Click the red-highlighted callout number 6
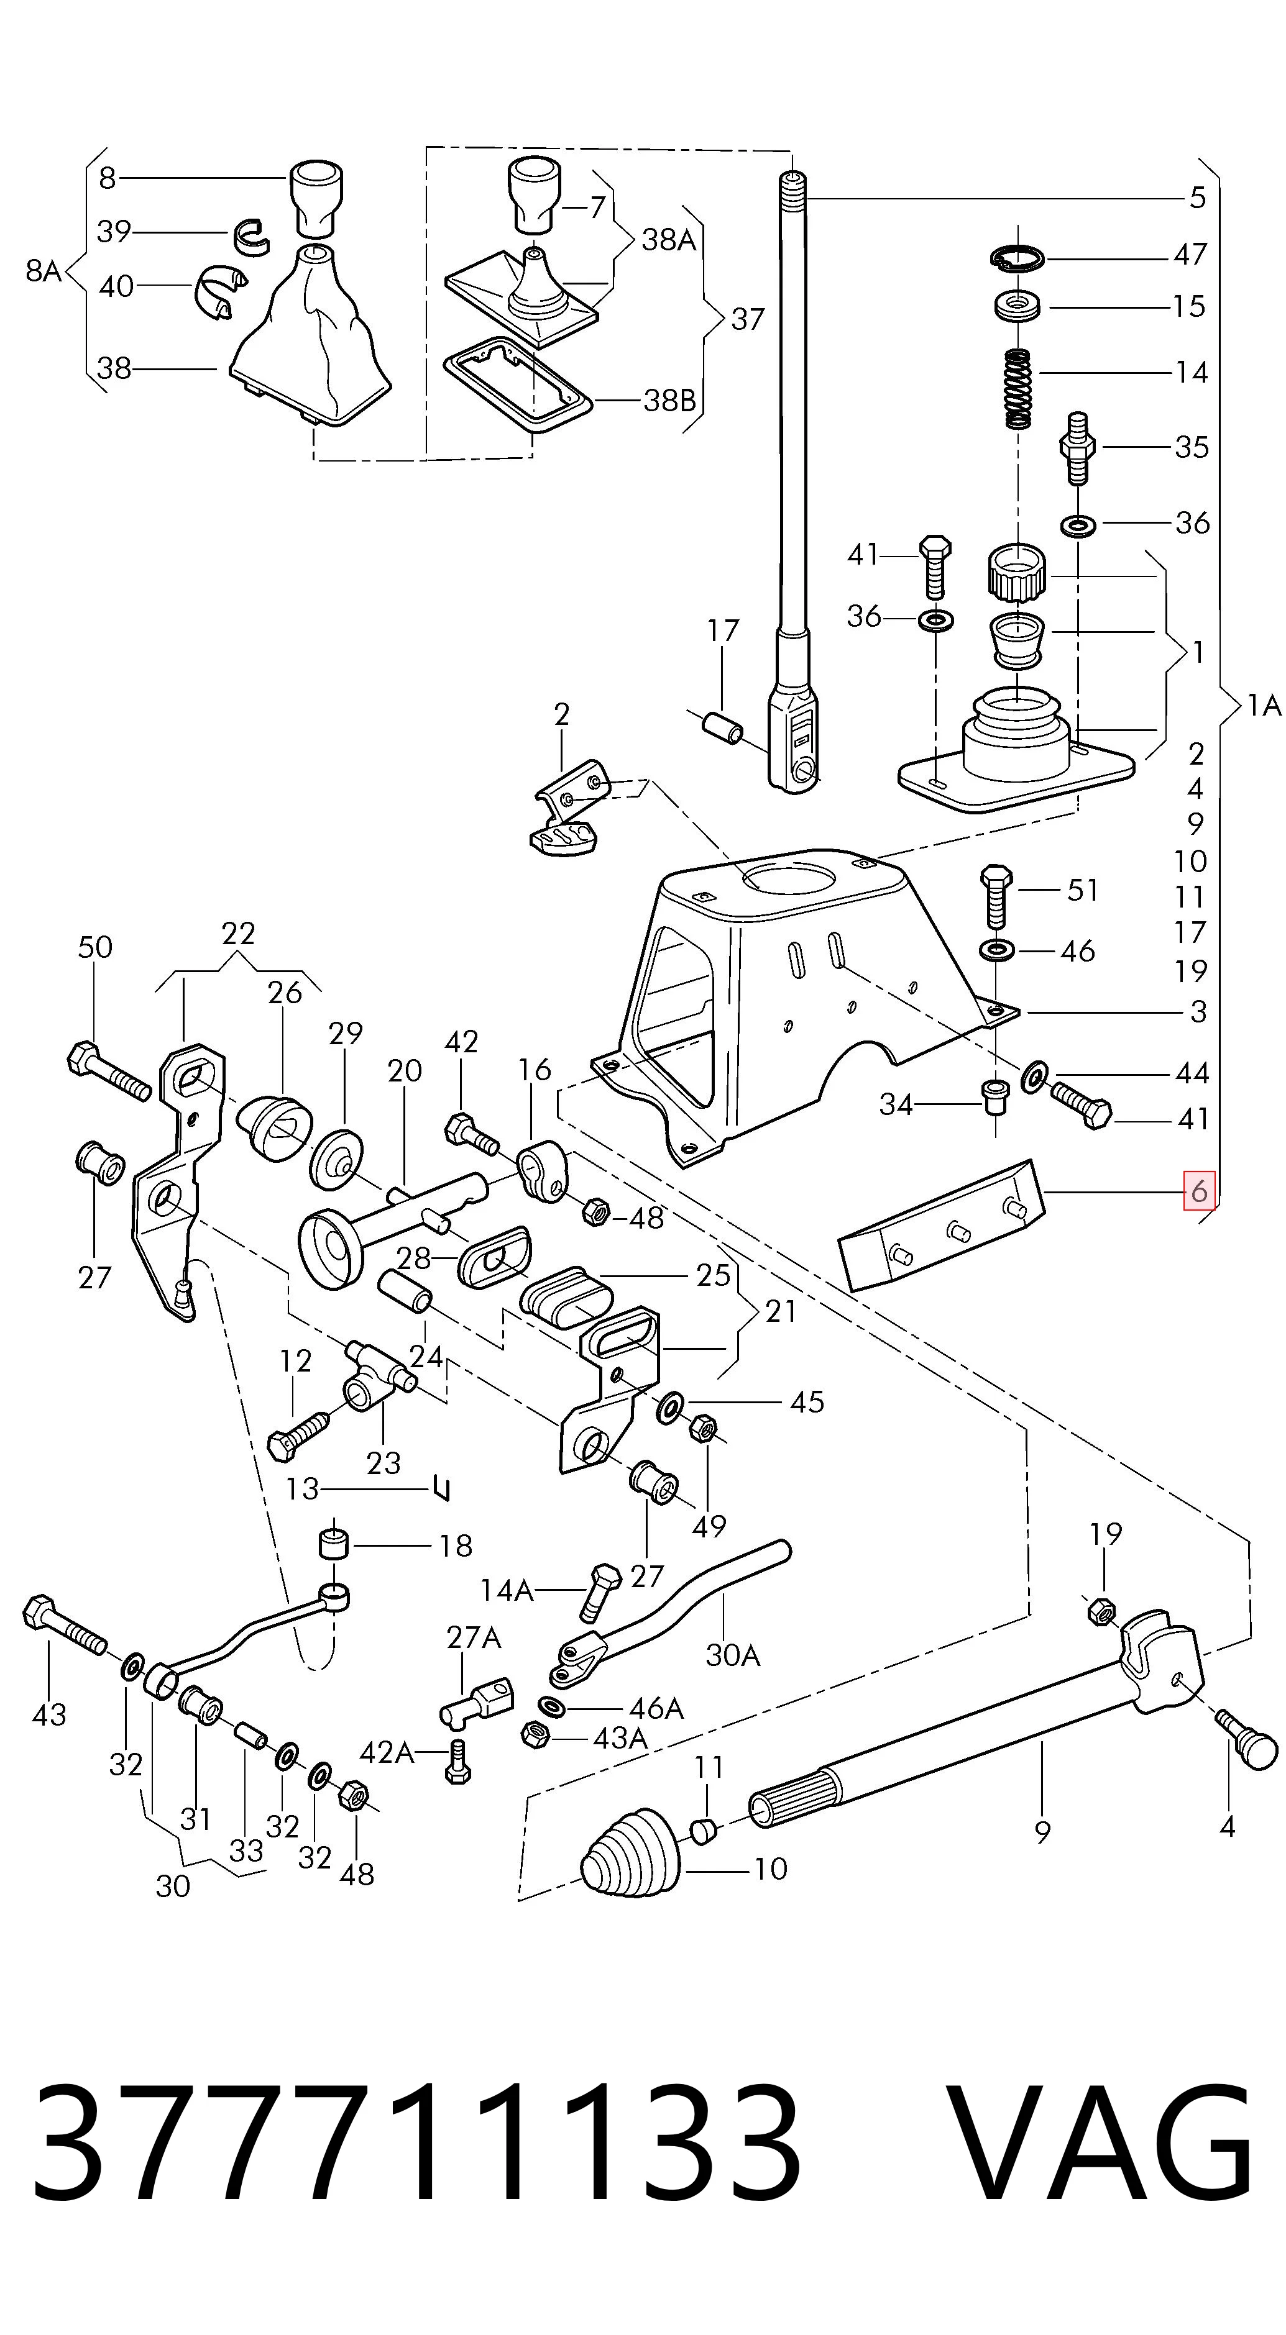(1198, 1190)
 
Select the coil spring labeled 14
(1019, 389)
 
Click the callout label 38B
(669, 400)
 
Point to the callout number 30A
(733, 1655)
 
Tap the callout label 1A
(1264, 704)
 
